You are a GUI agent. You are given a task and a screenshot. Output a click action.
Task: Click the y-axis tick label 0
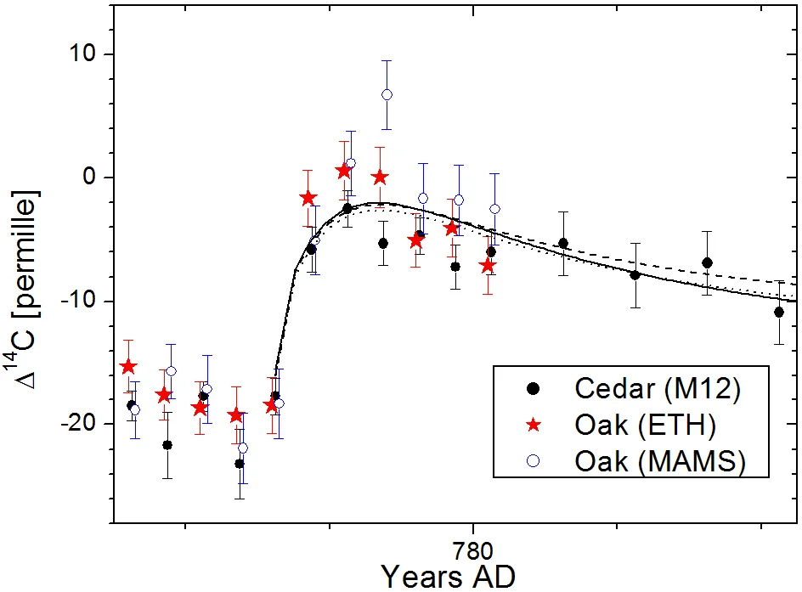tap(89, 177)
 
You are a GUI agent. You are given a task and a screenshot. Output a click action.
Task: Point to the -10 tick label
tap(78, 301)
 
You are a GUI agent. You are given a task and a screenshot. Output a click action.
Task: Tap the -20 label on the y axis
tap(78, 424)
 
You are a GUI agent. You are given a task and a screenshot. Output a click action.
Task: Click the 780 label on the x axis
tap(472, 551)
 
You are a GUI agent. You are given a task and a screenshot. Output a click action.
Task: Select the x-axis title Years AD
tap(449, 577)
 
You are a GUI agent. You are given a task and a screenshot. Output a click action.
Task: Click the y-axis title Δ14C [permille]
tap(23, 290)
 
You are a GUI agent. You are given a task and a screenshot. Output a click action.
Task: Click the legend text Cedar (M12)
tap(658, 389)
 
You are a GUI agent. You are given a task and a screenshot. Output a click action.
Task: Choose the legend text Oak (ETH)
tap(645, 426)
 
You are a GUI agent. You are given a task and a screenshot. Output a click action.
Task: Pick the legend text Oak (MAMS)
tap(660, 462)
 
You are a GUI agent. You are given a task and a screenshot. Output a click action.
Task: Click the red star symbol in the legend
tap(534, 425)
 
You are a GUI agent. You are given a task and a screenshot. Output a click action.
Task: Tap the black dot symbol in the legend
tap(534, 388)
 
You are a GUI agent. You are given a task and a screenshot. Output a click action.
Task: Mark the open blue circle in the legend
tap(534, 461)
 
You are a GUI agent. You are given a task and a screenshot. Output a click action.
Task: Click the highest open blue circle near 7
tap(387, 94)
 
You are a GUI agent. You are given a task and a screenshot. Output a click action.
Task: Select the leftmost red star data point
tap(128, 366)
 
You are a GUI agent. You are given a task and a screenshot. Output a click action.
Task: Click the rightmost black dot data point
tap(779, 312)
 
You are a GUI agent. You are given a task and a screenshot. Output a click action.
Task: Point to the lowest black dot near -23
tap(240, 464)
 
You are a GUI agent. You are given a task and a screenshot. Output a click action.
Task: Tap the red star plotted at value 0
tap(380, 178)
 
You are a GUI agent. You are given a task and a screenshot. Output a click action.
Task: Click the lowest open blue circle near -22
tap(243, 448)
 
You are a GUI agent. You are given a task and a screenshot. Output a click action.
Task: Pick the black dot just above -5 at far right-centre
tap(563, 243)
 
